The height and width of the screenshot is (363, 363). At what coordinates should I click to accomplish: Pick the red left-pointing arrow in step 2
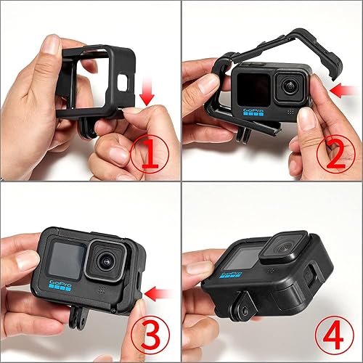pyautogui.click(x=338, y=90)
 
